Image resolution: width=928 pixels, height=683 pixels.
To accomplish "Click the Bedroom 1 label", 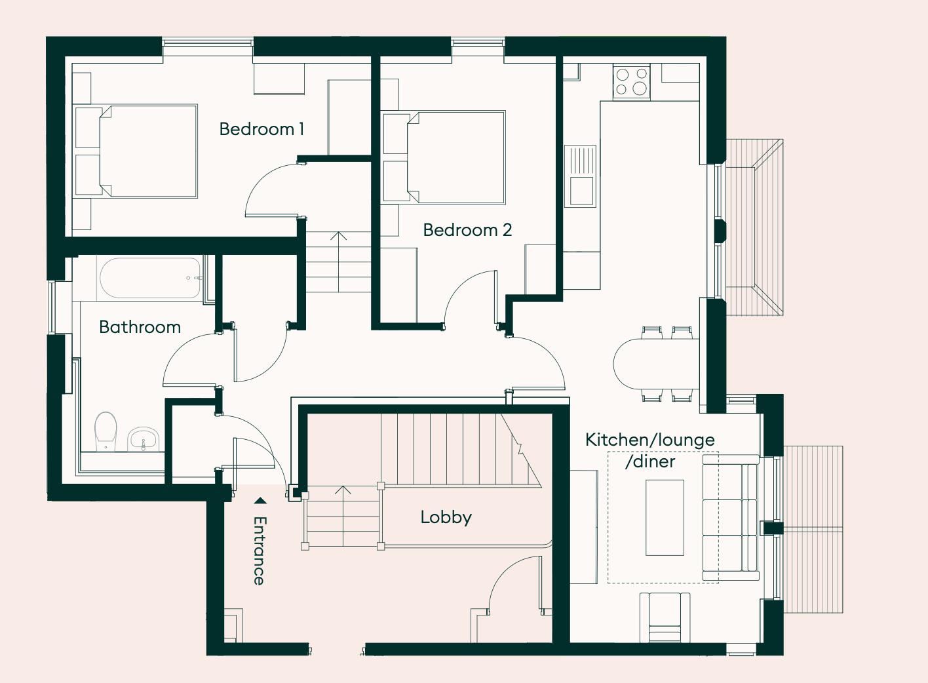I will (261, 129).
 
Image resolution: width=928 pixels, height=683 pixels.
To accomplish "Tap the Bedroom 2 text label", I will (467, 230).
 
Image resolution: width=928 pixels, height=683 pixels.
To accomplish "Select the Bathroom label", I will (140, 327).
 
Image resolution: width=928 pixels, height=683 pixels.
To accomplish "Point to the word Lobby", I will (446, 517).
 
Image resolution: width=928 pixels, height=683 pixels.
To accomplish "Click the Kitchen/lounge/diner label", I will (649, 450).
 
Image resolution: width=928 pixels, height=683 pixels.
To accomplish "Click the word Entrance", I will (260, 551).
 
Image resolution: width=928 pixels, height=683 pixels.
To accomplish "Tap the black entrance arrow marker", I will (260, 501).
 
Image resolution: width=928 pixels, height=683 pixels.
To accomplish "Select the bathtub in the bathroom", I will (150, 278).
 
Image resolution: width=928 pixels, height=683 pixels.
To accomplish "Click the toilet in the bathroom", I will (106, 431).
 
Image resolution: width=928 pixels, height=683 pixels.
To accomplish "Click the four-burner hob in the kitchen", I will (632, 82).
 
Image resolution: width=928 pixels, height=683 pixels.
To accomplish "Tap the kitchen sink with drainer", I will (581, 176).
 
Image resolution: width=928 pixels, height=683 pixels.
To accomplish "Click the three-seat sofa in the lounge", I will (730, 518).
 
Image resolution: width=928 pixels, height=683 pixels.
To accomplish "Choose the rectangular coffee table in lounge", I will (665, 517).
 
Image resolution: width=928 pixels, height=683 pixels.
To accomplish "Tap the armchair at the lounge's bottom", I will (665, 617).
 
